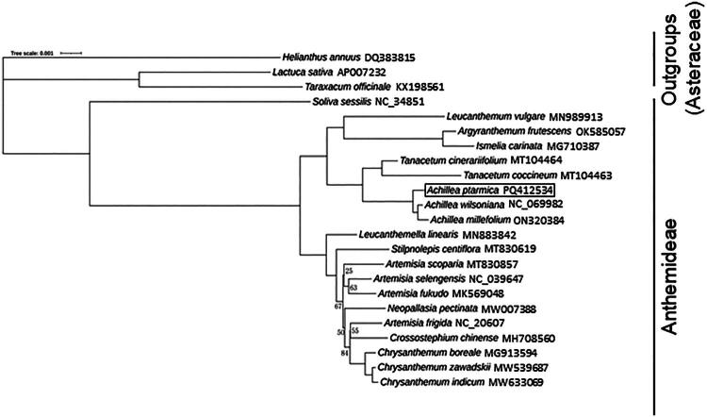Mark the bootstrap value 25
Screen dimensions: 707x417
(350, 272)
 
